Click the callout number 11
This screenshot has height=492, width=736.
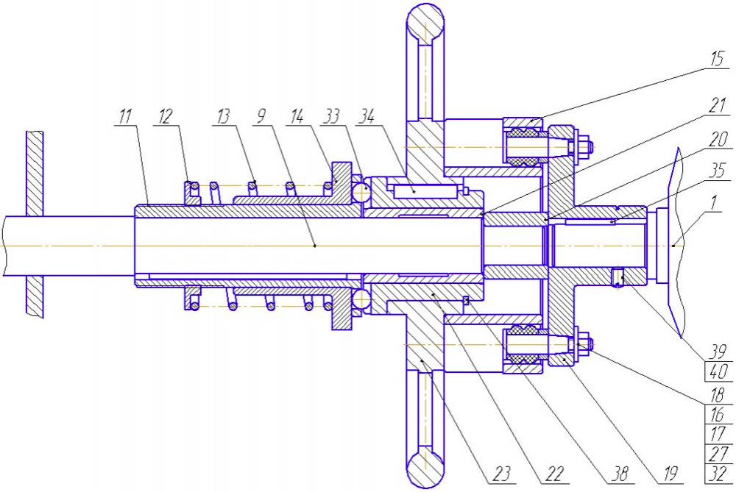pyautogui.click(x=125, y=115)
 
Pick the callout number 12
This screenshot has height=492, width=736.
pyautogui.click(x=165, y=115)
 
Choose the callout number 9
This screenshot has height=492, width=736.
pyautogui.click(x=261, y=115)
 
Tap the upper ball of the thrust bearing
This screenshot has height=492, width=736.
pyautogui.click(x=361, y=189)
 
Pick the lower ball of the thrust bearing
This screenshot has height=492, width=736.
pyautogui.click(x=361, y=299)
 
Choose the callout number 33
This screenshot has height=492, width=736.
pyautogui.click(x=331, y=115)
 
